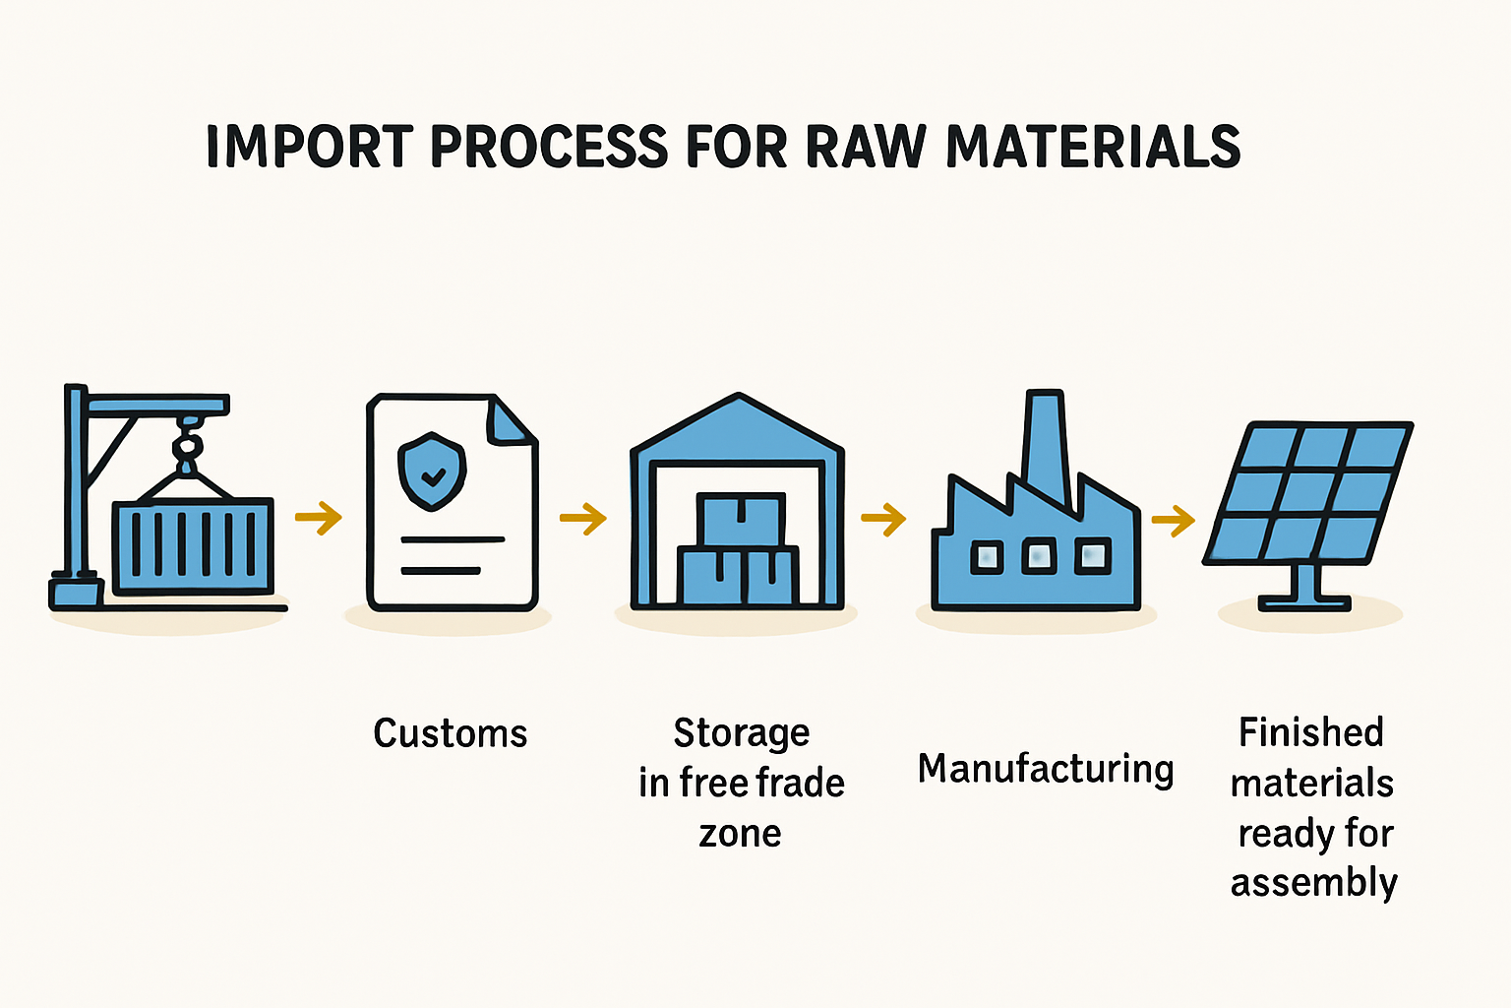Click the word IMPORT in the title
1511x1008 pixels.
click(x=310, y=146)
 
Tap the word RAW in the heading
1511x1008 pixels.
click(x=866, y=146)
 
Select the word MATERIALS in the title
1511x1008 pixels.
click(x=1094, y=146)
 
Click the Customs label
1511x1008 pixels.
click(x=450, y=733)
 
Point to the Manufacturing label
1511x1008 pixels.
click(x=1046, y=770)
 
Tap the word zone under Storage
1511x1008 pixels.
click(x=740, y=835)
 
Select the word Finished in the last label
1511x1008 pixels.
click(x=1310, y=732)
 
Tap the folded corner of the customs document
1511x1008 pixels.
click(x=511, y=421)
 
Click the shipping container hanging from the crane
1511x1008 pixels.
click(x=193, y=546)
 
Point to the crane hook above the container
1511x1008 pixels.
click(x=188, y=446)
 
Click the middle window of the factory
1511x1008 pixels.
click(x=1039, y=556)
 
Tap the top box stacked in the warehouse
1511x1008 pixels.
click(x=741, y=519)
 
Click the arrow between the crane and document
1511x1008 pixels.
click(x=319, y=518)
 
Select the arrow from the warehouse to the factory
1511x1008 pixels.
click(x=883, y=519)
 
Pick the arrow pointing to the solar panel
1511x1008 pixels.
click(x=1174, y=521)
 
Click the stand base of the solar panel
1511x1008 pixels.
click(x=1304, y=602)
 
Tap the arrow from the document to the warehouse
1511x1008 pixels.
click(x=583, y=519)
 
